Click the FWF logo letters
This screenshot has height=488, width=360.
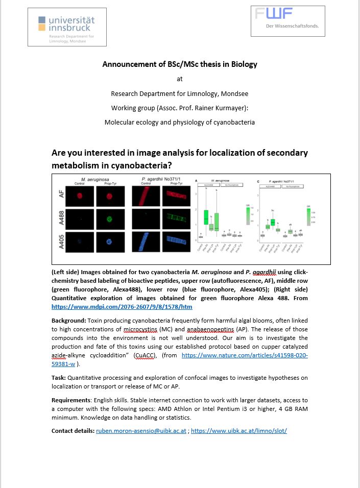[274, 14]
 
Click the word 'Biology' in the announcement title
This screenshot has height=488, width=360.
[244, 64]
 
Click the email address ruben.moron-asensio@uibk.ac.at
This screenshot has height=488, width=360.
[141, 431]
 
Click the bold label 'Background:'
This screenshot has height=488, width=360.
[69, 320]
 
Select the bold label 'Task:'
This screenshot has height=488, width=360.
[60, 377]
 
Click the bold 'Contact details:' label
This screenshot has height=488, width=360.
[73, 431]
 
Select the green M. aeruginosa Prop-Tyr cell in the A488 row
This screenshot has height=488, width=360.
[108, 218]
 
